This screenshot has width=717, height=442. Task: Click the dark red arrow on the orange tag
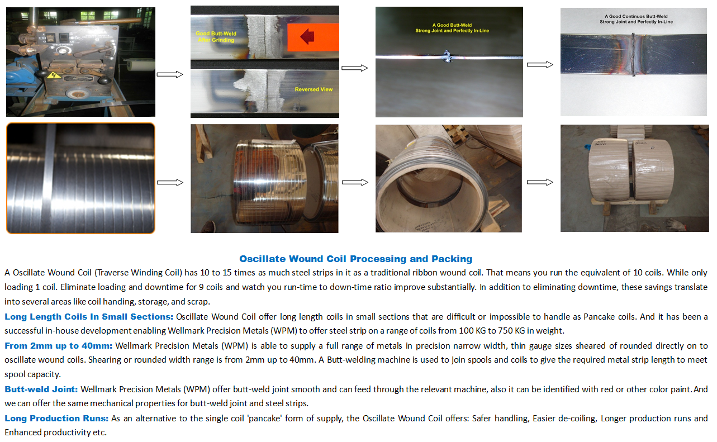[x=307, y=36]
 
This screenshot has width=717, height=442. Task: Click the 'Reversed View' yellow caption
[x=314, y=89]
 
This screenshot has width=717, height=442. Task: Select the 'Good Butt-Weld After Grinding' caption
[x=216, y=36]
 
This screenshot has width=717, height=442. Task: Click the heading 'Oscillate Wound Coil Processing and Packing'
[x=355, y=259]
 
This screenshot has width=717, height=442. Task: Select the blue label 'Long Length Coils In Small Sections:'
[x=89, y=316]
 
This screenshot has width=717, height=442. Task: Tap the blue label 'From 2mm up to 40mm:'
[x=59, y=346]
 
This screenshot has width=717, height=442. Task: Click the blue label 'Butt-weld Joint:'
[x=41, y=389]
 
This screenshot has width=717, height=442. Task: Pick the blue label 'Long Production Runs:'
[x=56, y=419]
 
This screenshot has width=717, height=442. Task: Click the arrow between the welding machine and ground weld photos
[x=170, y=74]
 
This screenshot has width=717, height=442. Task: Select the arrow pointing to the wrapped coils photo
[x=540, y=182]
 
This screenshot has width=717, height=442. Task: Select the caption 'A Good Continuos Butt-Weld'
[x=636, y=16]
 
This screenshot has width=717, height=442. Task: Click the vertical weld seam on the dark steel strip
[x=633, y=55]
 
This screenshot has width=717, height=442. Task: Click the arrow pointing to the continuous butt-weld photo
[x=540, y=65]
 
